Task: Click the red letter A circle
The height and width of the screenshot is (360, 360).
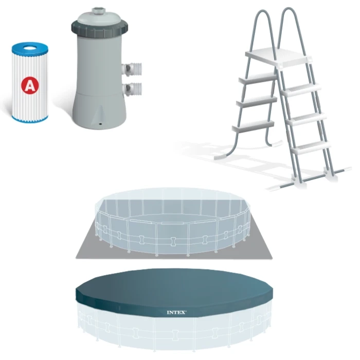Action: coord(30,85)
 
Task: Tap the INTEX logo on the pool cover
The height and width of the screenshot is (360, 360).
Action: coord(177,313)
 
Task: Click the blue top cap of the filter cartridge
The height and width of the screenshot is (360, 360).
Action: coord(30,49)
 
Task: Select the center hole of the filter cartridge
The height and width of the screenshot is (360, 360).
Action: coord(30,48)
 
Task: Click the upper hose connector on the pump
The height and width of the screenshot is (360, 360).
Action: coord(132,68)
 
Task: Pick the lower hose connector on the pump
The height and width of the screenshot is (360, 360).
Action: coord(132,88)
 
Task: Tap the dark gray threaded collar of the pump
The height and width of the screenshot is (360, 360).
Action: coord(99,29)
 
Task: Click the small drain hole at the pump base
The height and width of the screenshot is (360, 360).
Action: coord(100,124)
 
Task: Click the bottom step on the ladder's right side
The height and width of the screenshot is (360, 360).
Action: coord(311,147)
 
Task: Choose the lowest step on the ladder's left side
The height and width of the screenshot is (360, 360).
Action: coord(253,125)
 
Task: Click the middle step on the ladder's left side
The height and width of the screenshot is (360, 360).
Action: coord(257,102)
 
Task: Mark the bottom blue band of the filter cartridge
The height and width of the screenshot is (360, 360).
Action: coord(30,119)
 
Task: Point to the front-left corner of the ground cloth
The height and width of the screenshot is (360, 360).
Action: coord(76,258)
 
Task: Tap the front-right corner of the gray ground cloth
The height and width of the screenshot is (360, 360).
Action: coord(272,259)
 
